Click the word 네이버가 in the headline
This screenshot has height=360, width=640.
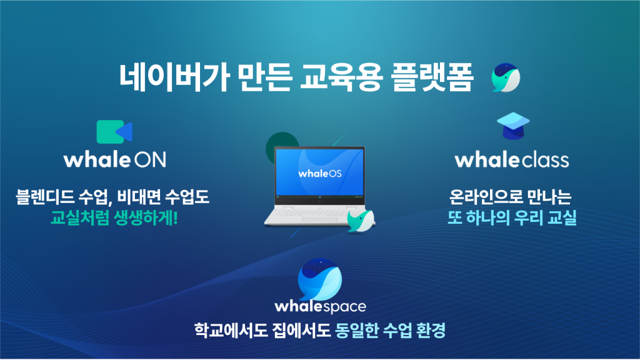click(174, 77)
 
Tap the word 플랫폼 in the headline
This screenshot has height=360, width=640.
click(432, 77)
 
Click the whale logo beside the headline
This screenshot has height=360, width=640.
click(506, 77)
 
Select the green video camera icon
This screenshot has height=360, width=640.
click(114, 132)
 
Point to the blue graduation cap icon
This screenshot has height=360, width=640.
click(513, 126)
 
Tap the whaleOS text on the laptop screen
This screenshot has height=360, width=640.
click(320, 174)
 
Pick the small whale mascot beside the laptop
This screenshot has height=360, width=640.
click(361, 221)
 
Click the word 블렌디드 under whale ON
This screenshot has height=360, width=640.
click(45, 197)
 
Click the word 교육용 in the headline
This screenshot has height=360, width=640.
click(341, 77)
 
